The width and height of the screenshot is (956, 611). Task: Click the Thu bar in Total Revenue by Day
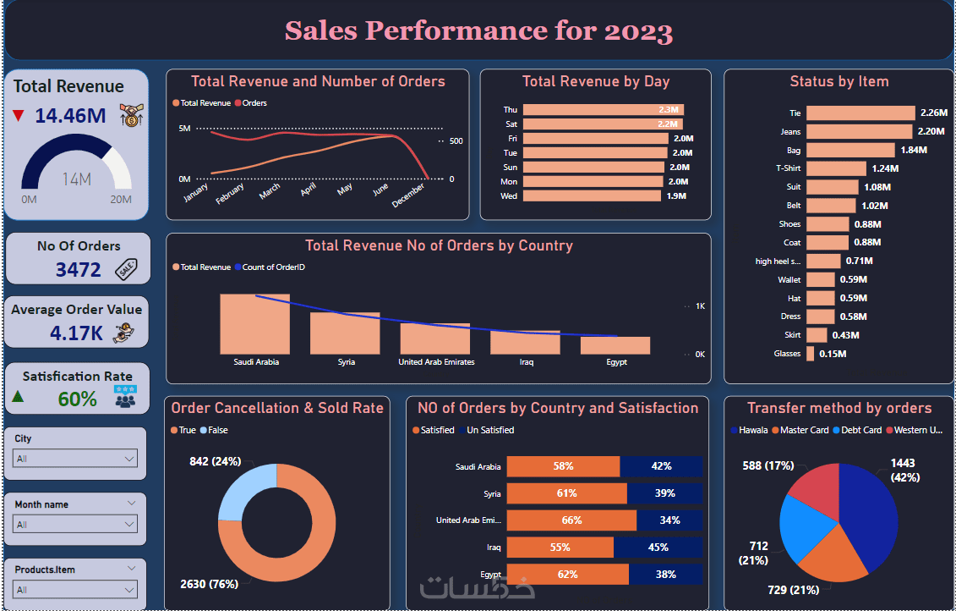pyautogui.click(x=603, y=110)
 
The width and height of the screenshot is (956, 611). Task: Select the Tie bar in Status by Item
pyautogui.click(x=860, y=113)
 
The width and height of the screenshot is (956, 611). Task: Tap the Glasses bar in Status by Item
pyautogui.click(x=810, y=354)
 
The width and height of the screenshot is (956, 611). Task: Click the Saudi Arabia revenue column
pyautogui.click(x=255, y=324)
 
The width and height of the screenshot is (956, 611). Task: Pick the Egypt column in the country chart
pyautogui.click(x=616, y=345)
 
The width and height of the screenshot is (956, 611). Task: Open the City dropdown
pyautogui.click(x=75, y=459)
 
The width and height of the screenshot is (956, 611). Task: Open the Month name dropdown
pyautogui.click(x=75, y=525)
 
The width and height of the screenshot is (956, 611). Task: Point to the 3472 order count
pyautogui.click(x=78, y=270)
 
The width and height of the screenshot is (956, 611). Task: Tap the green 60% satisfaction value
pyautogui.click(x=77, y=399)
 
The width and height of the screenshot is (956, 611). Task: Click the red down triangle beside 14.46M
pyautogui.click(x=19, y=116)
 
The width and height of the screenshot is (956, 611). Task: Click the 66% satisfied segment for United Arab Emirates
pyautogui.click(x=571, y=520)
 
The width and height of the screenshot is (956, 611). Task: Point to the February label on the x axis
pyautogui.click(x=230, y=194)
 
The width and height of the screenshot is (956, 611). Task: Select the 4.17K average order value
pyautogui.click(x=76, y=333)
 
